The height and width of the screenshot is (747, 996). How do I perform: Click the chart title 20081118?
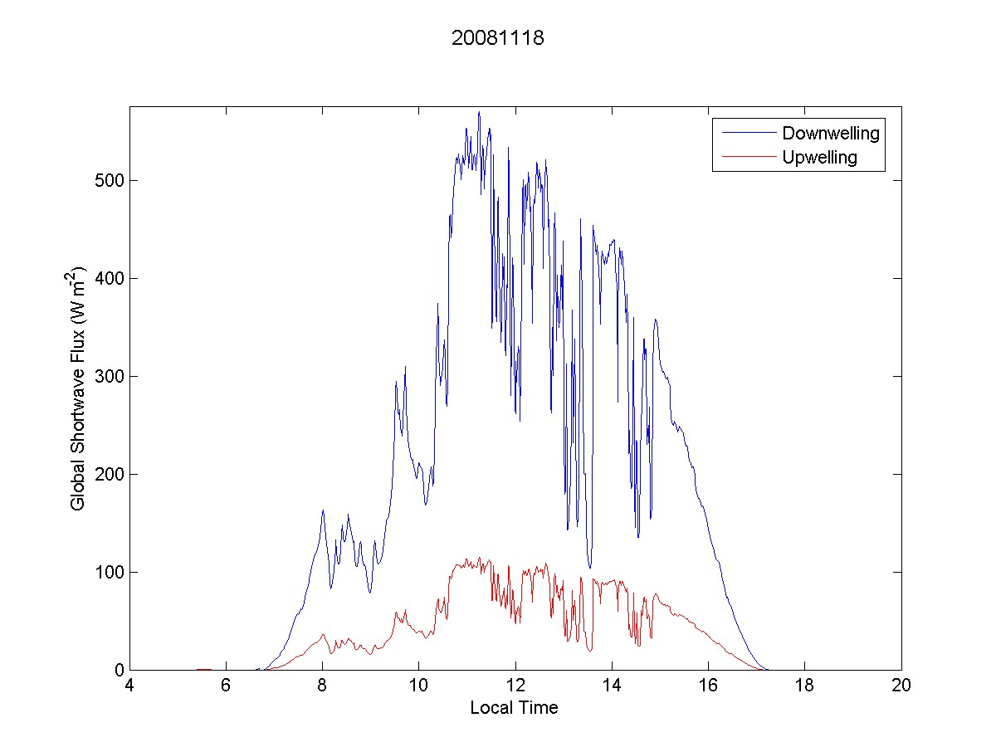[497, 38]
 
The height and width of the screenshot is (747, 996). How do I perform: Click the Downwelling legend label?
[830, 133]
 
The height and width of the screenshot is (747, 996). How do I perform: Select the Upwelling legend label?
[819, 157]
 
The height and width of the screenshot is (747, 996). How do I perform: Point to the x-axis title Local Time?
[514, 708]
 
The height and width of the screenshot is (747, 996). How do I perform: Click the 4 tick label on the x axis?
[129, 686]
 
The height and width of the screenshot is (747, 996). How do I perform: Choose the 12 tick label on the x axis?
[515, 686]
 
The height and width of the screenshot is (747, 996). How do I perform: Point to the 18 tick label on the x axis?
[804, 686]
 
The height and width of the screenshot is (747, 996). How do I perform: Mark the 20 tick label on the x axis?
[901, 686]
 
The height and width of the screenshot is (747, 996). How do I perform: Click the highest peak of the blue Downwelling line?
[479, 112]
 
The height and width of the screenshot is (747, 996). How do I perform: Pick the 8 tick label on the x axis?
[322, 686]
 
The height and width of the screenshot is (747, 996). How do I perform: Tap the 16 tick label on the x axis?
[708, 686]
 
